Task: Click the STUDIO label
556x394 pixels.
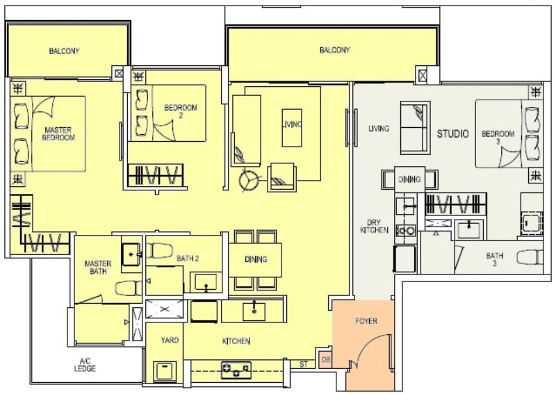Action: [x=453, y=133]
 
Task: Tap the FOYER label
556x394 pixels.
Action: [x=366, y=321]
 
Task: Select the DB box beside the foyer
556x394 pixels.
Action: [x=326, y=360]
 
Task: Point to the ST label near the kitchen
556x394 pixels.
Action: [x=304, y=364]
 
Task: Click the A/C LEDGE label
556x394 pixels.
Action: [x=85, y=365]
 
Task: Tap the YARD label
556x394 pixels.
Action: [x=170, y=340]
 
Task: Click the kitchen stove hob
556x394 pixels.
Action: [x=236, y=370]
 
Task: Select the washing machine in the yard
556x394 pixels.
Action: [x=165, y=371]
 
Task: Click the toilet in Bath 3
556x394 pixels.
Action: [x=530, y=256]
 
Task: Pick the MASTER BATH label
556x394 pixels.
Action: [x=98, y=268]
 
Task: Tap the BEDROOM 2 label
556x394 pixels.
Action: [x=181, y=111]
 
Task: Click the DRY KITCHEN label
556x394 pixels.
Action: [x=374, y=227]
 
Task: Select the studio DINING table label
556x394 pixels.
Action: [x=409, y=179]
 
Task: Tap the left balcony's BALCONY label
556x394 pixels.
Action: [x=64, y=51]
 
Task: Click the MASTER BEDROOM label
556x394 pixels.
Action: [x=58, y=133]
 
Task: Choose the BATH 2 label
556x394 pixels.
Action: [x=188, y=258]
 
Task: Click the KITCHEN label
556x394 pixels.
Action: [x=236, y=341]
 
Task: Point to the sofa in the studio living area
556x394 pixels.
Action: [x=415, y=128]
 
